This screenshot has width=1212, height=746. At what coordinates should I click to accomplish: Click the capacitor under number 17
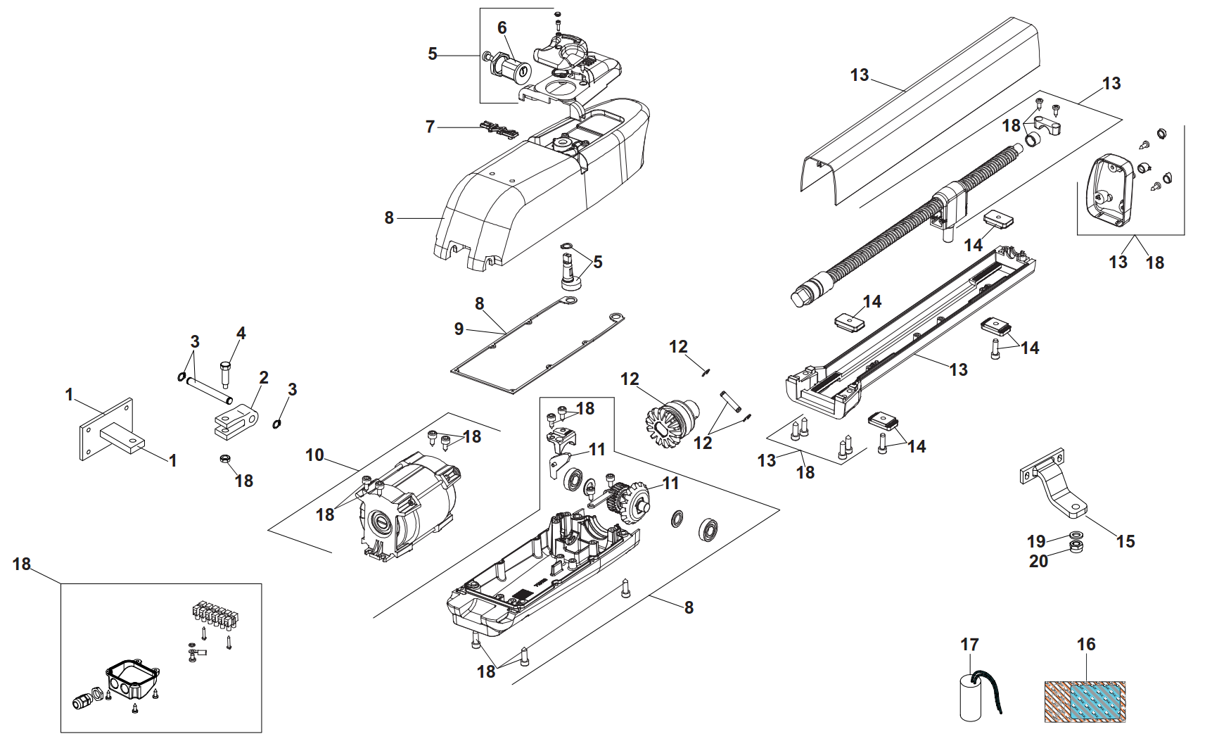pos(971,698)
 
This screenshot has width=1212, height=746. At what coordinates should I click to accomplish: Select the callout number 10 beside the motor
pos(314,455)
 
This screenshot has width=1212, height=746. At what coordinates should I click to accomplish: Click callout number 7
pos(430,127)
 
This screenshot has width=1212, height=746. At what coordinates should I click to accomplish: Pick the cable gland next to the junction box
pos(84,700)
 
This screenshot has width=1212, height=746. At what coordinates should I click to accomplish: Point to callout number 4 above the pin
pos(241,333)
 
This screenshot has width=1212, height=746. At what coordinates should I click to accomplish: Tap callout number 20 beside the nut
pos(1038,562)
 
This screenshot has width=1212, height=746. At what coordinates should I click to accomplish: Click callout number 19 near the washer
pos(1036,541)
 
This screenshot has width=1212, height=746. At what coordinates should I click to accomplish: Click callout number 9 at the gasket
pos(459,329)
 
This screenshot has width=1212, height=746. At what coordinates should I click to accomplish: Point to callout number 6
pos(502,27)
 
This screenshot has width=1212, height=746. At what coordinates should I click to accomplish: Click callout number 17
pos(969,645)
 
